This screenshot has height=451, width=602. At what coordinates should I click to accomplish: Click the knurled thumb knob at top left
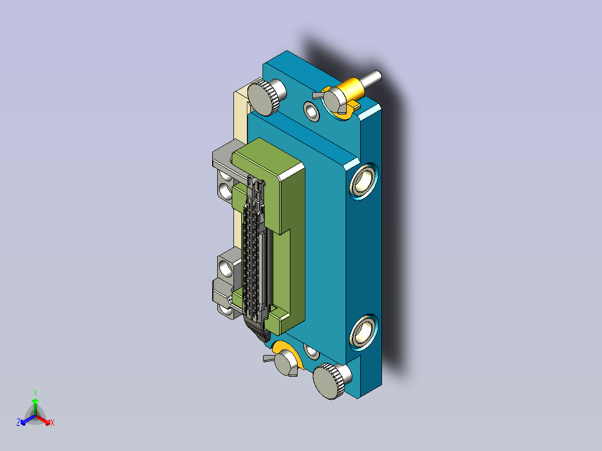click(x=266, y=97)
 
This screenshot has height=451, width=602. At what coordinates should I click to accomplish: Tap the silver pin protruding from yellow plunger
click(x=372, y=78)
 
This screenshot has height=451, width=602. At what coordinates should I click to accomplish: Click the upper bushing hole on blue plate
click(x=363, y=181)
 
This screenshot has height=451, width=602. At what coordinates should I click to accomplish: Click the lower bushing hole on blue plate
click(x=363, y=333)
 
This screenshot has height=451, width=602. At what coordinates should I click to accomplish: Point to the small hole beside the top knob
click(x=312, y=111)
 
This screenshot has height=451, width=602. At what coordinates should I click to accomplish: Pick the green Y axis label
click(x=35, y=393)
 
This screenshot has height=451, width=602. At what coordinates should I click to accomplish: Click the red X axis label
click(x=52, y=423)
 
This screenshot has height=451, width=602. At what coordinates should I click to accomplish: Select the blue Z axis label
click(x=18, y=423)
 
